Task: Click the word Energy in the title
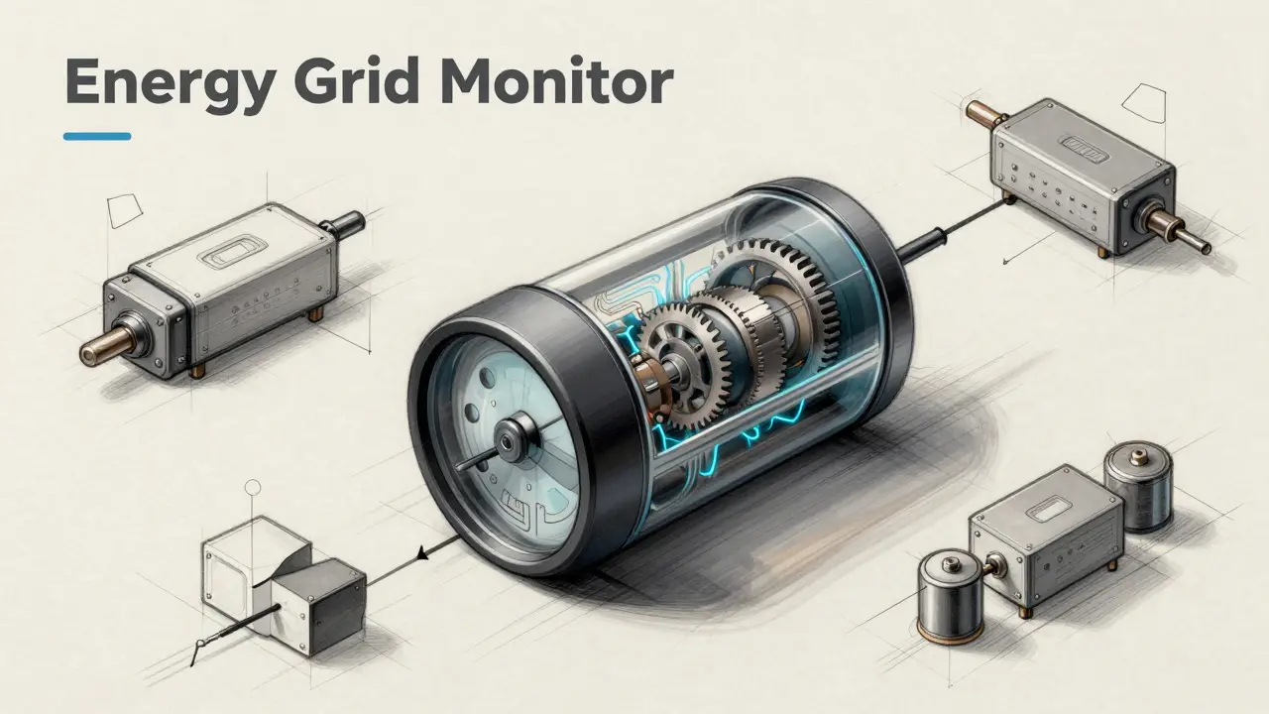170,85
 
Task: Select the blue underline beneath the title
97,136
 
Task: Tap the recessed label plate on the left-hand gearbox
232,251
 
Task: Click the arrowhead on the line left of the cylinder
422,552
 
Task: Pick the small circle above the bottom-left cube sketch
252,487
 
